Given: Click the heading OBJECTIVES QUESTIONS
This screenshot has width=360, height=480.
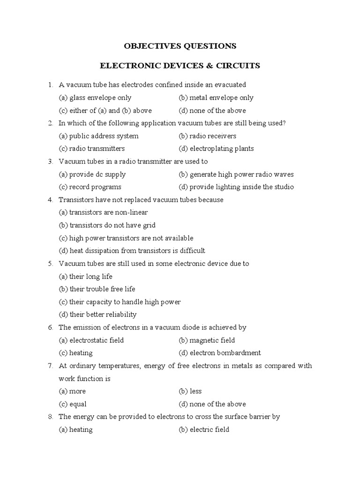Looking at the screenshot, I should click(180, 46).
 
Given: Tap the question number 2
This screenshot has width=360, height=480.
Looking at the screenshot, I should click(50, 123).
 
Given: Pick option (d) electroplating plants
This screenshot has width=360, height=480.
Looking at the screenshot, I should click(216, 149).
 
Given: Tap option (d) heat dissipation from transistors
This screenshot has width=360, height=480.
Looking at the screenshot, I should click(132, 251).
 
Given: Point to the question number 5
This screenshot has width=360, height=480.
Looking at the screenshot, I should click(50, 263).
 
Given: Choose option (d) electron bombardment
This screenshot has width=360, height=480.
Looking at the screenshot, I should click(219, 352).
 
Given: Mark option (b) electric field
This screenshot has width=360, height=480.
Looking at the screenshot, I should click(204, 429).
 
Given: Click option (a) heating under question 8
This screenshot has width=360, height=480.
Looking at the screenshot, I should click(75, 429).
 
